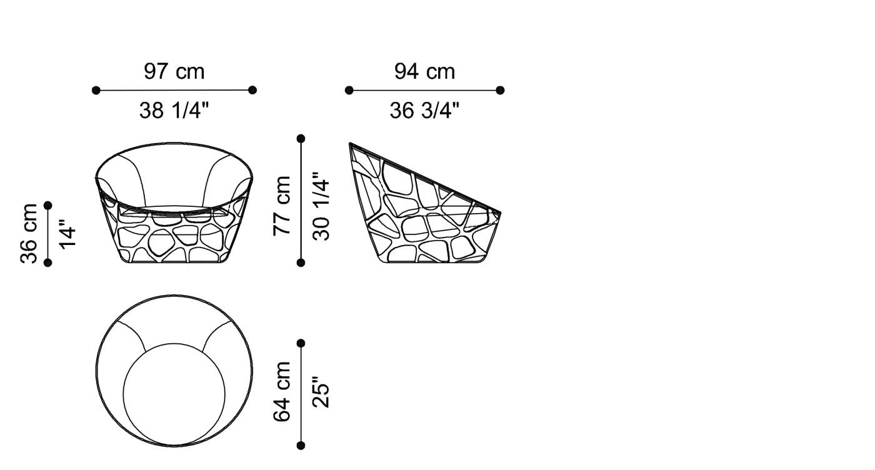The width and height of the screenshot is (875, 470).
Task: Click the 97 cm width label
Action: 174,71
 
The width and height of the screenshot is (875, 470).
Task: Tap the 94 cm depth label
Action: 424,71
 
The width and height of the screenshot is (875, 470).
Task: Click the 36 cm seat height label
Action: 29,233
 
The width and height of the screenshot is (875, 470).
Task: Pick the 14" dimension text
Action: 67,234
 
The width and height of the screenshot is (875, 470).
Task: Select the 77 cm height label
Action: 282,206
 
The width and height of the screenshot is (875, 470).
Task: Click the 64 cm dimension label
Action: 282,392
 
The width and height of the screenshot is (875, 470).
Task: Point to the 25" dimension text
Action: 321,392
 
